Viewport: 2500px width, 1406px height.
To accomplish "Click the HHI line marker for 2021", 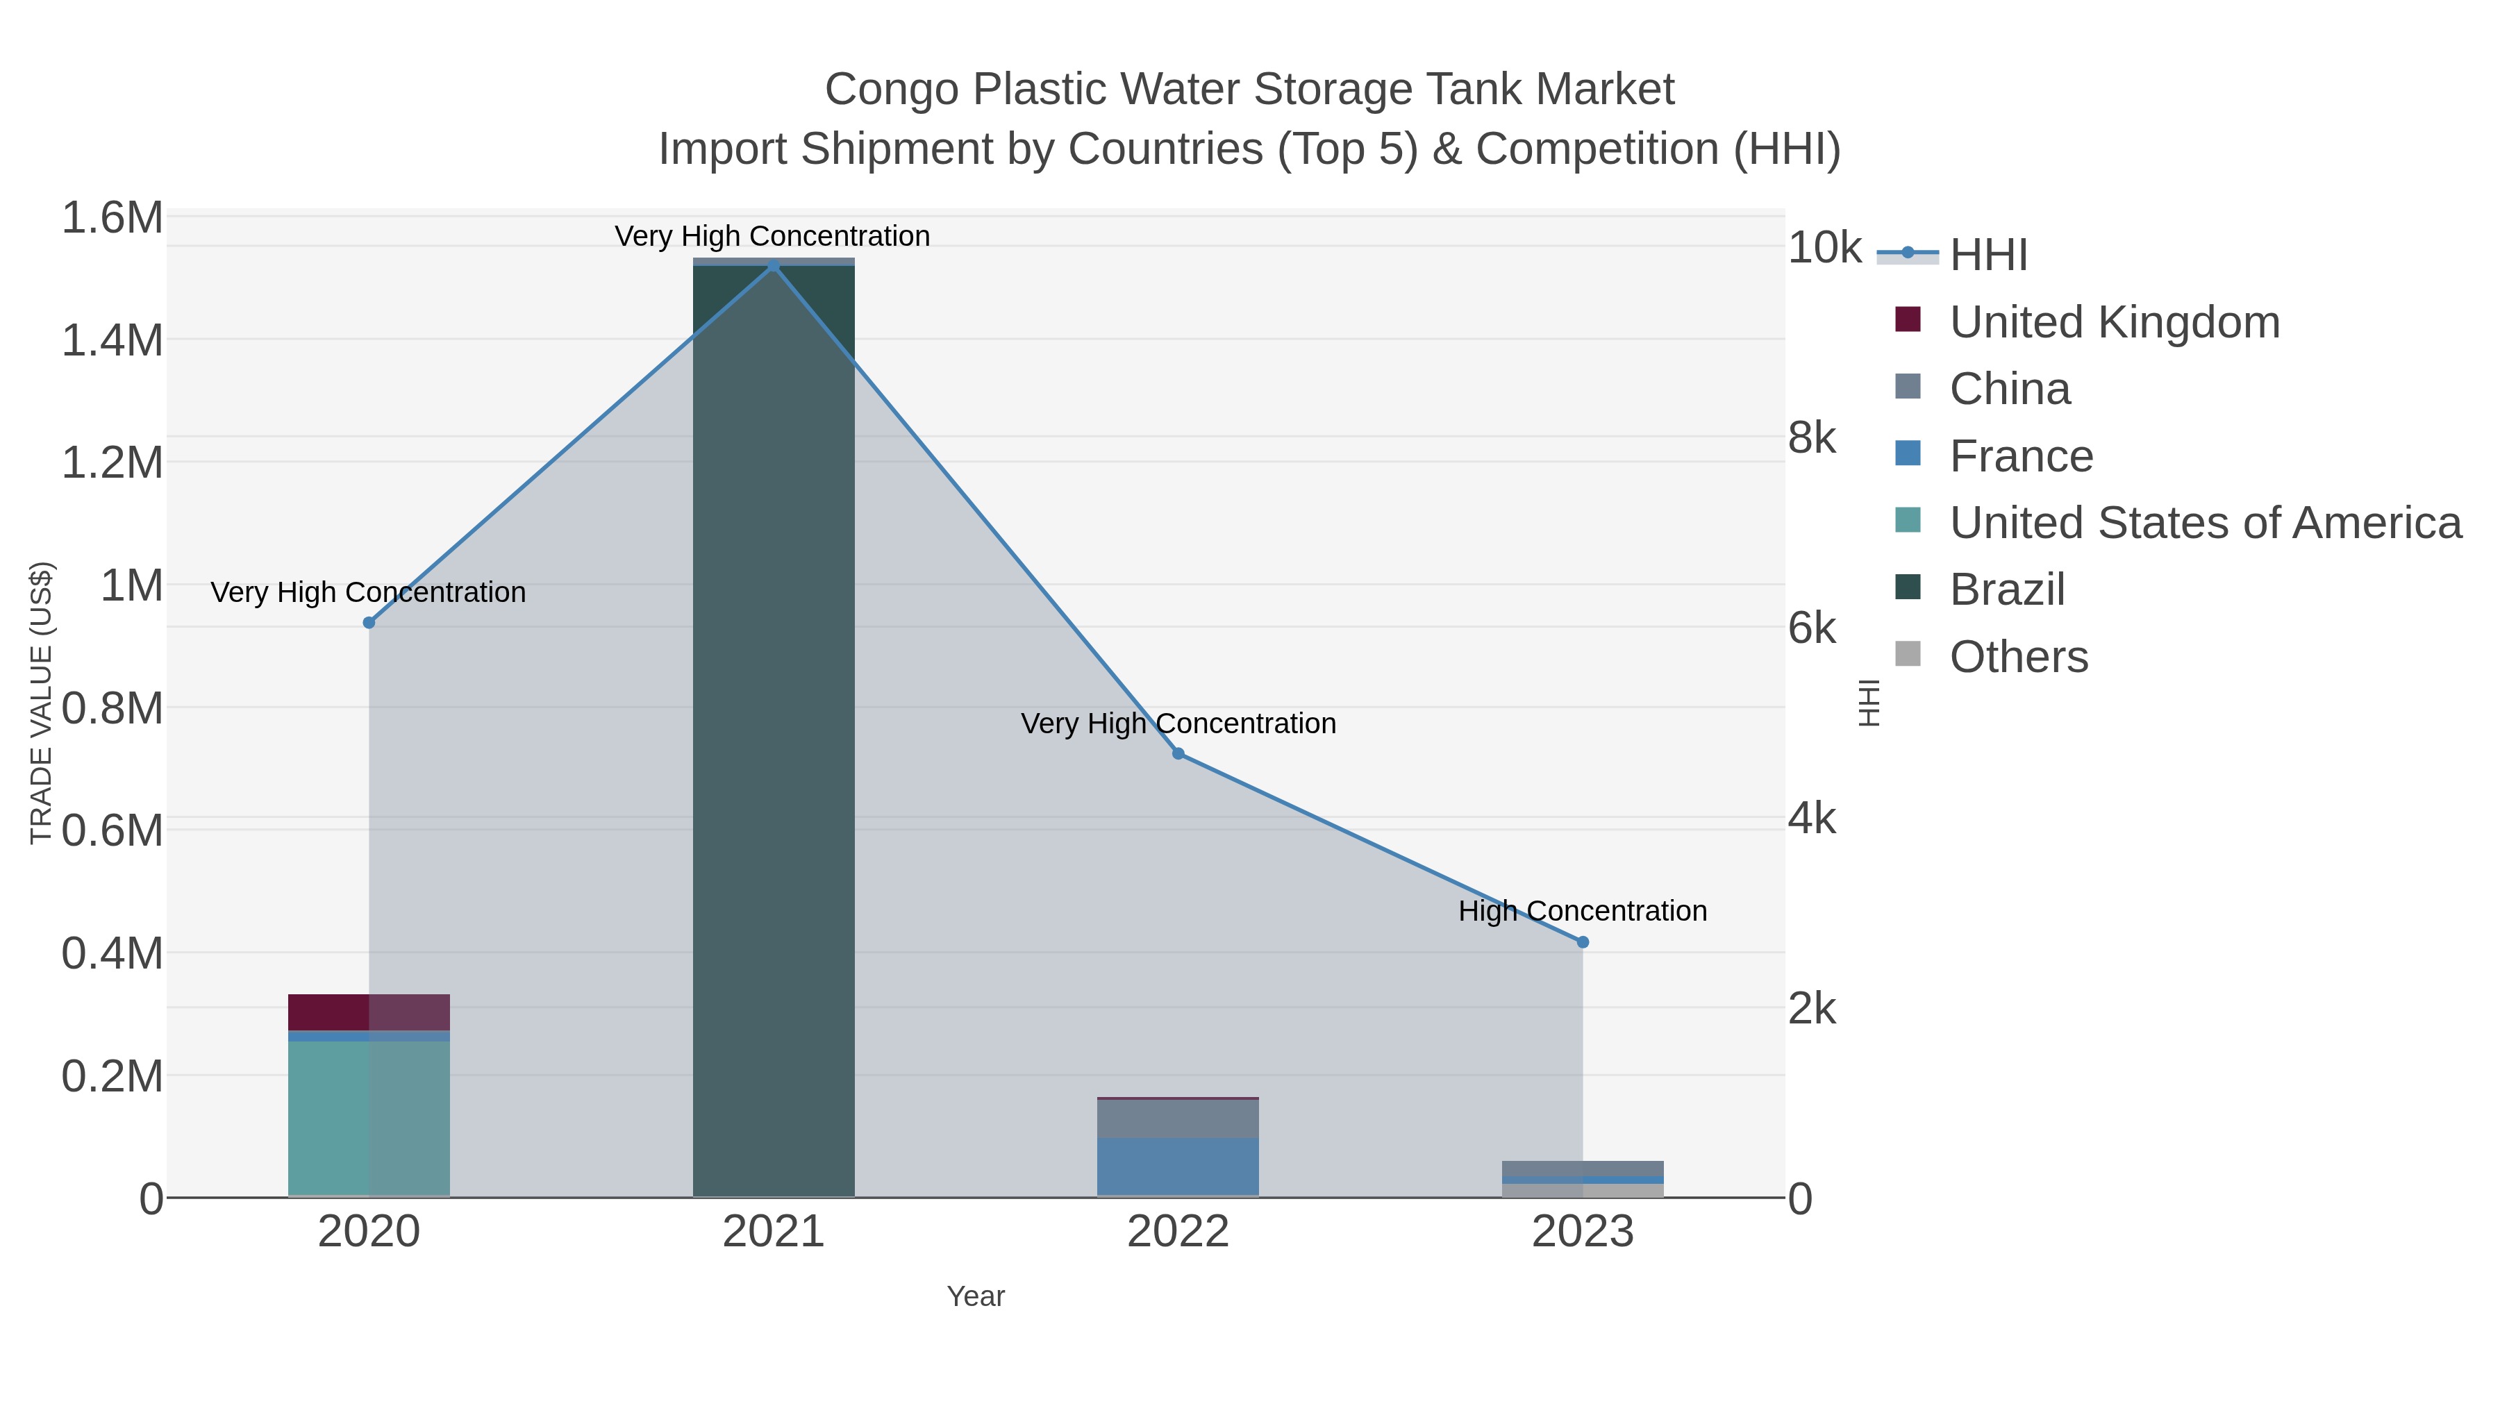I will pyautogui.click(x=774, y=266).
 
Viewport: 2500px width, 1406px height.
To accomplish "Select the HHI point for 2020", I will pyautogui.click(x=369, y=623).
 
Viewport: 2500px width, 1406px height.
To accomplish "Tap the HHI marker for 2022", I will pyautogui.click(x=1178, y=754).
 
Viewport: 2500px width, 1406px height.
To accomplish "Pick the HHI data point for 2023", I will pyautogui.click(x=1583, y=942).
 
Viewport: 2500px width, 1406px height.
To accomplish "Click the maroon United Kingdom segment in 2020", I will pyautogui.click(x=369, y=1012).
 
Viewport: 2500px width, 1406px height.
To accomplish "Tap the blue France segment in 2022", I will pyautogui.click(x=1178, y=1166).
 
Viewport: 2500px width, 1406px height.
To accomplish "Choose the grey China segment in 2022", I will pyautogui.click(x=1178, y=1118).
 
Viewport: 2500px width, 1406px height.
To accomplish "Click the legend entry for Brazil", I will pyautogui.click(x=2007, y=590).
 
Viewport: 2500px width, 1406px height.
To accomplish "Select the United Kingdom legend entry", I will pyautogui.click(x=2114, y=322).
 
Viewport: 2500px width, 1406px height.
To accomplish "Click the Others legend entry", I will pyautogui.click(x=2019, y=657).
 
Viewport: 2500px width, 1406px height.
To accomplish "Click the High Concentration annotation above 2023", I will pyautogui.click(x=1583, y=911).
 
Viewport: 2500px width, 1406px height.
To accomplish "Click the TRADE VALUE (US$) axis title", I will pyautogui.click(x=41, y=703).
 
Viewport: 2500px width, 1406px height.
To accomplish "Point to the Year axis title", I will pyautogui.click(x=976, y=1296).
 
